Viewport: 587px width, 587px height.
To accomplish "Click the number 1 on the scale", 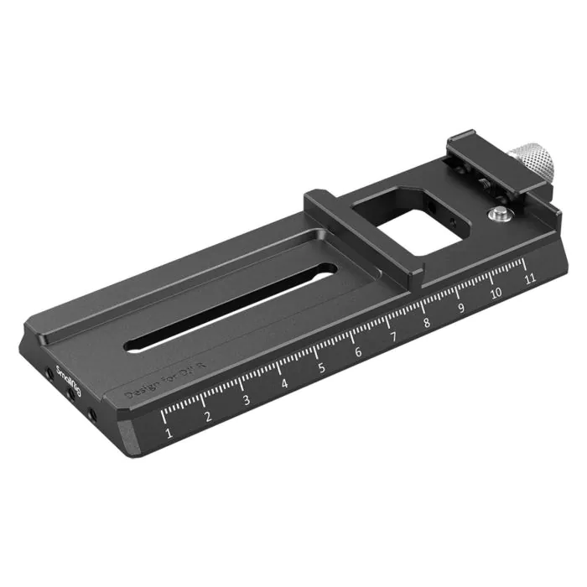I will [169, 434].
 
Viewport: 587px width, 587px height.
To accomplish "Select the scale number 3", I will [247, 400].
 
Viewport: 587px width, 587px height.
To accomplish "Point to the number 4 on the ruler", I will [285, 384].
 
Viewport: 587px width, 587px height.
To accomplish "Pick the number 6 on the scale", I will [358, 352].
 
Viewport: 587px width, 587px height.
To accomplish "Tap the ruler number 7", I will [392, 337].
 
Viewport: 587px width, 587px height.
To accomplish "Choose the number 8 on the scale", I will [427, 323].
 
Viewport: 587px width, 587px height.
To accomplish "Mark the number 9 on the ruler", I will [460, 308].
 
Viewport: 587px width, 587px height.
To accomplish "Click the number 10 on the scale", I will [496, 293].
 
